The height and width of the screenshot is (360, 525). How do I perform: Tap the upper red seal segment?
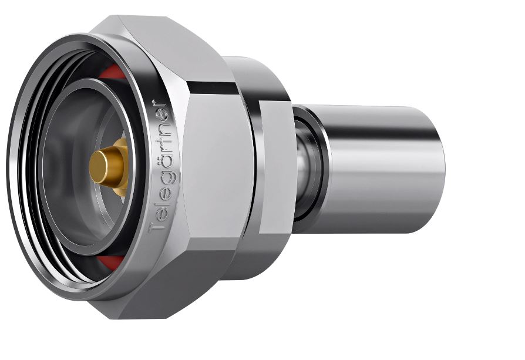coord(113,72)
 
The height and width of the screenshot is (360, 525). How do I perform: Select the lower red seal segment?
coord(110,262)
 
